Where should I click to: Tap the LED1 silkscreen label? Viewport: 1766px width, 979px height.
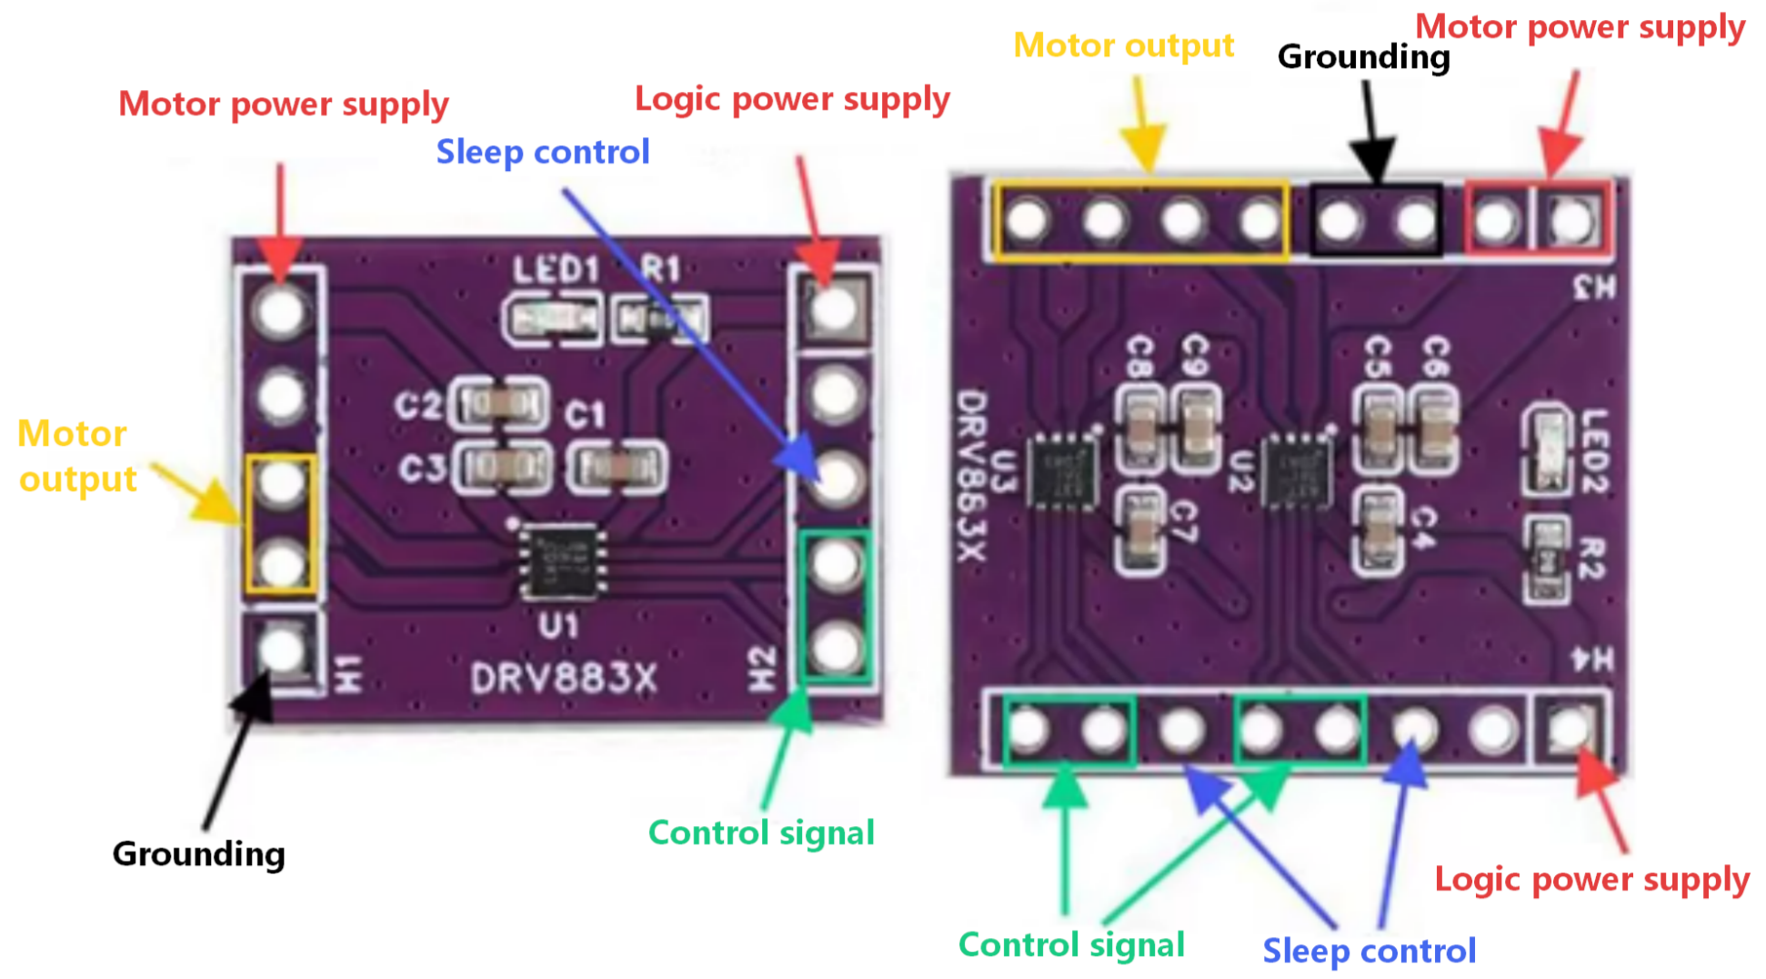click(x=556, y=269)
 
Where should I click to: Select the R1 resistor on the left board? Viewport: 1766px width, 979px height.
click(x=660, y=319)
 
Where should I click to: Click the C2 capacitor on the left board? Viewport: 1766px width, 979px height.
click(x=501, y=403)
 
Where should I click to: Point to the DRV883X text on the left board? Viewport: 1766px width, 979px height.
click(x=563, y=679)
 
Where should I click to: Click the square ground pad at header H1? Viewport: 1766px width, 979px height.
click(x=282, y=650)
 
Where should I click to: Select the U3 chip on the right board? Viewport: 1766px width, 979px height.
click(x=1062, y=472)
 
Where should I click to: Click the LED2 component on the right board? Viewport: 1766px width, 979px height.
click(x=1547, y=449)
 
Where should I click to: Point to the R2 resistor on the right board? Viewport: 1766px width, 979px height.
click(x=1547, y=560)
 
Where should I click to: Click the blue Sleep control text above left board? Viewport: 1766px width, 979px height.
click(x=543, y=152)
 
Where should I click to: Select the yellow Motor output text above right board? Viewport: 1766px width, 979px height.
click(x=1123, y=45)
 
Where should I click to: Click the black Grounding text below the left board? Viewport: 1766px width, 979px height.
click(x=198, y=854)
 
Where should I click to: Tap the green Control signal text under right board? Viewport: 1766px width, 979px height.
click(x=1070, y=945)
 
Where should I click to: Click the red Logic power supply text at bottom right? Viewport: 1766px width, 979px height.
click(x=1591, y=880)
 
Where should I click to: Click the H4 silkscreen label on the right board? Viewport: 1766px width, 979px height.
click(x=1593, y=660)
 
